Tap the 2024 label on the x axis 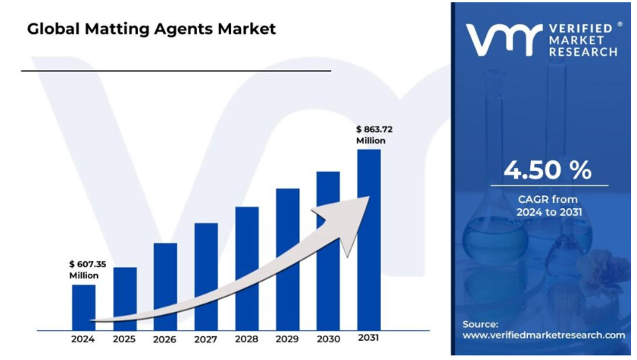84,339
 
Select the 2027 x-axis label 206,339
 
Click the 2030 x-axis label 328,339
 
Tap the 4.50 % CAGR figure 547,171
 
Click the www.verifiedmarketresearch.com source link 544,335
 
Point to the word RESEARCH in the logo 583,52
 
